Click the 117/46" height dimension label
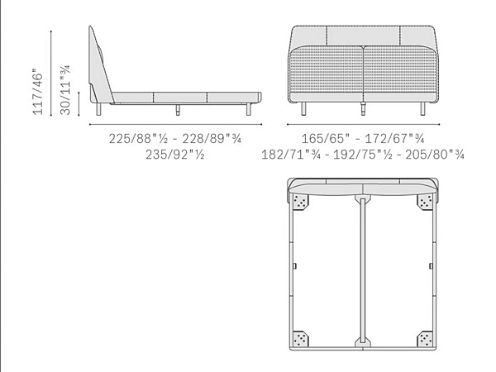coord(37,92)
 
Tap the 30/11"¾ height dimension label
coord(64,90)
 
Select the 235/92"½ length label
coord(175,155)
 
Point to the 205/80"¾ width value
coord(435,155)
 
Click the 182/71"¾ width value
coord(291,155)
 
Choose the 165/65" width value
coord(326,139)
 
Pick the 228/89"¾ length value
coord(212,139)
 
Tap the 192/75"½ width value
coord(363,155)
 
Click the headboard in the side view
coord(100,64)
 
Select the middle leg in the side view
coord(178,110)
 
